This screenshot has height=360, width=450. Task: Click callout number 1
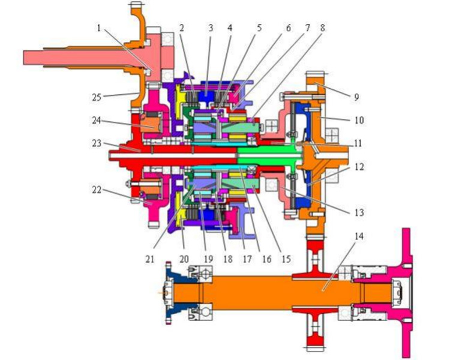pos(99,28)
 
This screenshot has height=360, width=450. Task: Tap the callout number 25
pos(97,97)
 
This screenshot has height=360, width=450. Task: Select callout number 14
pos(359,236)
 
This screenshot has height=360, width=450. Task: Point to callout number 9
pos(356,97)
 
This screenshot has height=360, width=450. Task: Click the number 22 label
pos(97,190)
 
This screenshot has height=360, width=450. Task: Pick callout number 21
pos(150,259)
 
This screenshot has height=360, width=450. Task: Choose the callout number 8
pos(323,28)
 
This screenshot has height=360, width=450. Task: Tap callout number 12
pos(359,167)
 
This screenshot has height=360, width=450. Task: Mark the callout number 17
pos(247,259)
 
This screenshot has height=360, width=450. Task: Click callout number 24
pos(97,120)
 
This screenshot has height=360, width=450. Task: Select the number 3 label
pos(211,28)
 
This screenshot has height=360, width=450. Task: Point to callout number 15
pos(286,259)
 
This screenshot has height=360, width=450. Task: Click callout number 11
pos(358,143)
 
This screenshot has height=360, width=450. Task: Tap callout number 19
pos(208,259)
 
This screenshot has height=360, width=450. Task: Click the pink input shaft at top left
pos(86,57)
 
